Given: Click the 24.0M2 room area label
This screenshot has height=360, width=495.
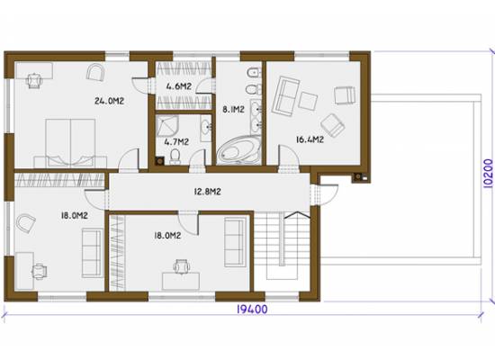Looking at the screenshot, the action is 109,101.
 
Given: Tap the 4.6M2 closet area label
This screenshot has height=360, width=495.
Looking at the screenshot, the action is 179,86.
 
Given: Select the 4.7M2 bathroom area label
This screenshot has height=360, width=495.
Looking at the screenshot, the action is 176,142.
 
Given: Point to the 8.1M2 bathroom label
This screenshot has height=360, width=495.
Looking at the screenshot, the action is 233,110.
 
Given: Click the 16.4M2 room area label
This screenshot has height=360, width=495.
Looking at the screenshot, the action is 310,139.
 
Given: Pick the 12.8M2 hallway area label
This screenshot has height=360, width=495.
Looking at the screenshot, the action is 207,192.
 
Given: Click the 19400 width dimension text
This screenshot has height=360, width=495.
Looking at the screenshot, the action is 252,310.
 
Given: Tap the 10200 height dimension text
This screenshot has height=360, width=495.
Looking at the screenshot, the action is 488,174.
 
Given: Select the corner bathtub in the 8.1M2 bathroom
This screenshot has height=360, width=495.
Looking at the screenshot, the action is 239,149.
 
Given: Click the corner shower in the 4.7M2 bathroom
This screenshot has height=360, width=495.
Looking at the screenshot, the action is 167,126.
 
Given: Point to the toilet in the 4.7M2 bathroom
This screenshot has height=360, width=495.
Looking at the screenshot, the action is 175,157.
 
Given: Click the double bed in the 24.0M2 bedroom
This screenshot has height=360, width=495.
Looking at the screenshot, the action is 70,143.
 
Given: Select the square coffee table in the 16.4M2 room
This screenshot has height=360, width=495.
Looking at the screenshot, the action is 308,101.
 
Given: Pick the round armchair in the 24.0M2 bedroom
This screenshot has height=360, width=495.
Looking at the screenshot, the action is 95,72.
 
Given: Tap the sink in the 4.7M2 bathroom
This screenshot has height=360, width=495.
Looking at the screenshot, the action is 206,128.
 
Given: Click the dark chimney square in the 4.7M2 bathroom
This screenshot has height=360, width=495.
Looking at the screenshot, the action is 159,161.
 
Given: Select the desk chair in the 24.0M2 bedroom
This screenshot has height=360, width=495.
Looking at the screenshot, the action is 34,80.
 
